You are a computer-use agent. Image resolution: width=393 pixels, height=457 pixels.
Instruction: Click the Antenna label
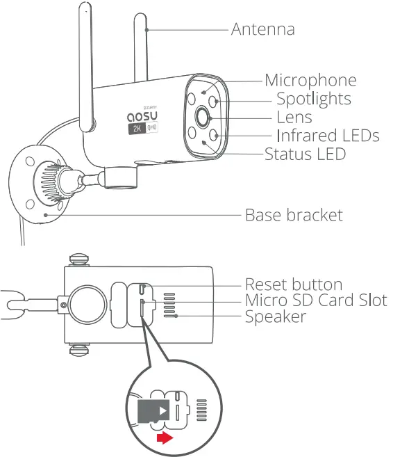[262, 29]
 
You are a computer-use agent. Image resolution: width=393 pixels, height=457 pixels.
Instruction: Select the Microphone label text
[310, 81]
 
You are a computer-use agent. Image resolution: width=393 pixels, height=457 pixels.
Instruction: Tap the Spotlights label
[313, 99]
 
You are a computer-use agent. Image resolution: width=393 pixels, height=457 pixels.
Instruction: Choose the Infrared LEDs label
[328, 135]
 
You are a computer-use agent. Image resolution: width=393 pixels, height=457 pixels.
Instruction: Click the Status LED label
[305, 154]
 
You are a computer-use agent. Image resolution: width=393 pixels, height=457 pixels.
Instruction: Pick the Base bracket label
[294, 215]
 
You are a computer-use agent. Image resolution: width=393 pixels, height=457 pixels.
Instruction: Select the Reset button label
[294, 284]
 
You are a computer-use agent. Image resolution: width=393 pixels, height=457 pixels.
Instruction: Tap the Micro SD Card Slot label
[316, 300]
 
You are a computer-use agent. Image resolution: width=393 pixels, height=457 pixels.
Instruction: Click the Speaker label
[276, 316]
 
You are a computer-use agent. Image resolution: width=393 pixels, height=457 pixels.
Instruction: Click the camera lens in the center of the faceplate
[203, 118]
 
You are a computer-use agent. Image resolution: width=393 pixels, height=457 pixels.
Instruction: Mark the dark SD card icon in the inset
[154, 411]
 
